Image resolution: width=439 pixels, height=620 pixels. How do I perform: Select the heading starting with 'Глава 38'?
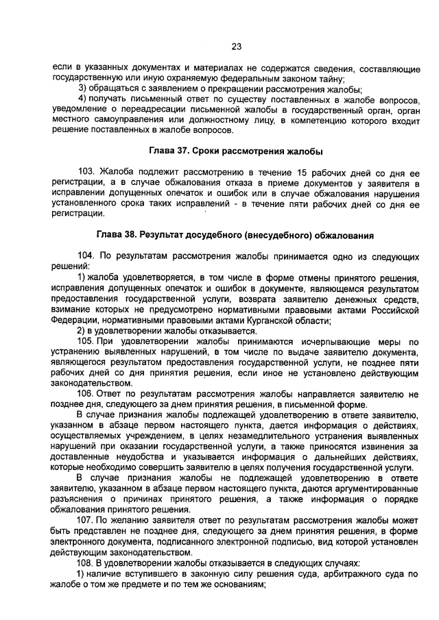pos(236,235)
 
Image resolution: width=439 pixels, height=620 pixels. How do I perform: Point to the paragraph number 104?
pos(86,256)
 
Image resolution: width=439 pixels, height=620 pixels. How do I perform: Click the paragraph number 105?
pos(86,340)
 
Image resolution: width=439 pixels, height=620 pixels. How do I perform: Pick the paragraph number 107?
pos(86,521)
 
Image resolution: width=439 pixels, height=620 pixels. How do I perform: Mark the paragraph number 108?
pos(86,563)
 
